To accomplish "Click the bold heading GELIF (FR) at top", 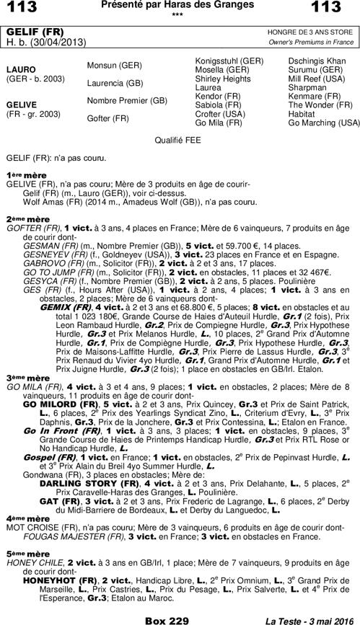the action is click(34, 33).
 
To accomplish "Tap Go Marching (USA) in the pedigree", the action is click(323, 123).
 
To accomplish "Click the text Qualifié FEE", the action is click(180, 141).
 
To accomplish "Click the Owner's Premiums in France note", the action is click(312, 43).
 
